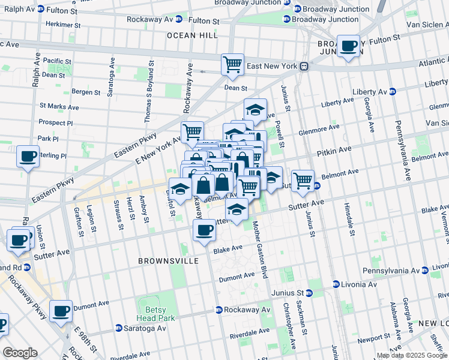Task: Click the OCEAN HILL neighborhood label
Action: pos(192,35)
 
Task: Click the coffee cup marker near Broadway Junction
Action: pos(348,47)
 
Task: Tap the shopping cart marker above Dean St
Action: pos(232,64)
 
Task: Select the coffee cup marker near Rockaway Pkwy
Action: pos(61,311)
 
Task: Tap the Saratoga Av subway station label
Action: pos(140,329)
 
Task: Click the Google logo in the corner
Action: pos(20,353)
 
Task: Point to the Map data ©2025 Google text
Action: pos(411,355)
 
